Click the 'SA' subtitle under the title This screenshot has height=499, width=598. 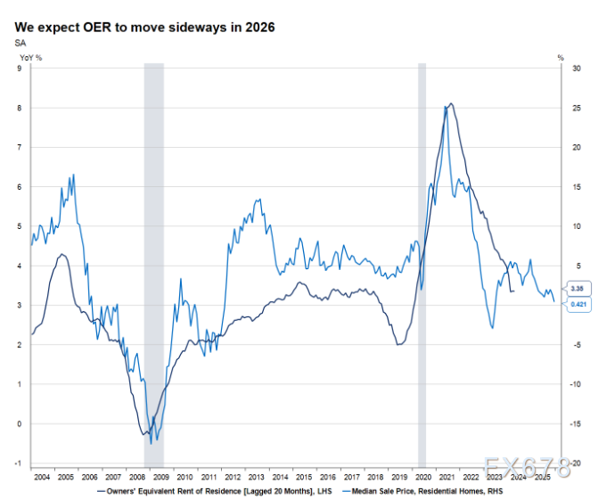tap(20, 43)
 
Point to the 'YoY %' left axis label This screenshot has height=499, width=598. tap(29, 58)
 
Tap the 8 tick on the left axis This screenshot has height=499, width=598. tap(20, 108)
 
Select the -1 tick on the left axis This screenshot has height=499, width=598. tap(19, 463)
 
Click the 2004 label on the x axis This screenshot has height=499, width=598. tap(41, 478)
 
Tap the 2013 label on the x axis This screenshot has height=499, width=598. tap(256, 478)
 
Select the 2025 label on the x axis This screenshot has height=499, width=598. tap(542, 478)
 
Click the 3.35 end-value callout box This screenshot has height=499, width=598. tap(578, 289)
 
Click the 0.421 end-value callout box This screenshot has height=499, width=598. tap(578, 305)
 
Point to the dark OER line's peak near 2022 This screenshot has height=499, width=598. tap(452, 104)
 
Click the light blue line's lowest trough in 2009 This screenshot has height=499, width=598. tap(152, 441)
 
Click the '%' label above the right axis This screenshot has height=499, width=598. tap(561, 58)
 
